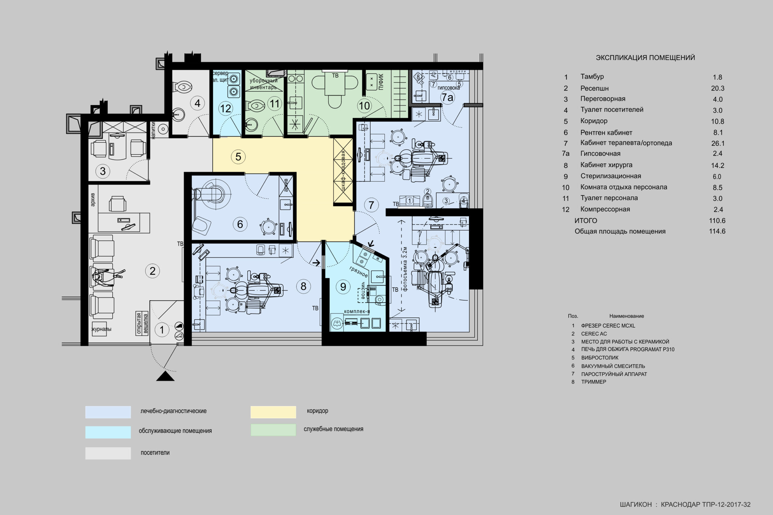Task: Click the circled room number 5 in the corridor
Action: [x=238, y=157]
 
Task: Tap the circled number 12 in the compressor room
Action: [x=226, y=108]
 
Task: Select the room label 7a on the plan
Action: [x=447, y=97]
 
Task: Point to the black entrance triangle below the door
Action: [x=165, y=376]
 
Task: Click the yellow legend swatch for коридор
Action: [x=273, y=412]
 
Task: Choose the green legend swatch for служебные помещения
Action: [x=273, y=430]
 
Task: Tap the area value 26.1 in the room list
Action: [x=718, y=143]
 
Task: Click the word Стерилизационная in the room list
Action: [x=611, y=176]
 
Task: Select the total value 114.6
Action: [x=717, y=231]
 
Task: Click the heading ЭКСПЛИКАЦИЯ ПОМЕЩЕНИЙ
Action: [x=646, y=58]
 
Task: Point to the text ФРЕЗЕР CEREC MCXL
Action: [x=608, y=326]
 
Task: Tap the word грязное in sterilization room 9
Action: [x=358, y=272]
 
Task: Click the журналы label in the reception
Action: [x=101, y=329]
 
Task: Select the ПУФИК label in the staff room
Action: [x=381, y=82]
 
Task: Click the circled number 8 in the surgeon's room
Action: [x=303, y=286]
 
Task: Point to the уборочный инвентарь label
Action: [x=264, y=84]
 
